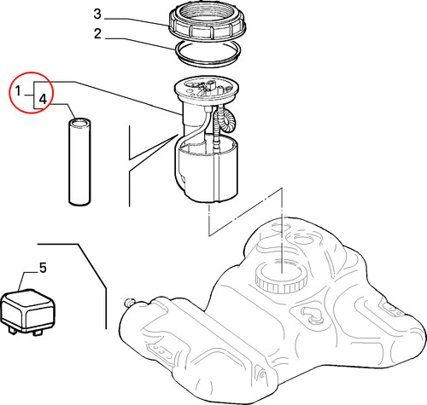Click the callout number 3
(97, 14)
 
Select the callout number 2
(97, 34)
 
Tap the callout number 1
(18, 91)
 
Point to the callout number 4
(43, 99)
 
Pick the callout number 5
(43, 268)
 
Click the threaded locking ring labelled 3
(208, 24)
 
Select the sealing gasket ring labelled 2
(208, 54)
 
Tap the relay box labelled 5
(27, 311)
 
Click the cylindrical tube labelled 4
(80, 161)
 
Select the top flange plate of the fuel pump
(206, 89)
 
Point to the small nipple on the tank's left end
(130, 302)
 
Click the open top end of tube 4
(80, 122)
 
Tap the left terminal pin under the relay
(11, 331)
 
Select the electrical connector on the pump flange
(211, 85)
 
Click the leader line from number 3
(137, 22)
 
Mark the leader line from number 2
(140, 43)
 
